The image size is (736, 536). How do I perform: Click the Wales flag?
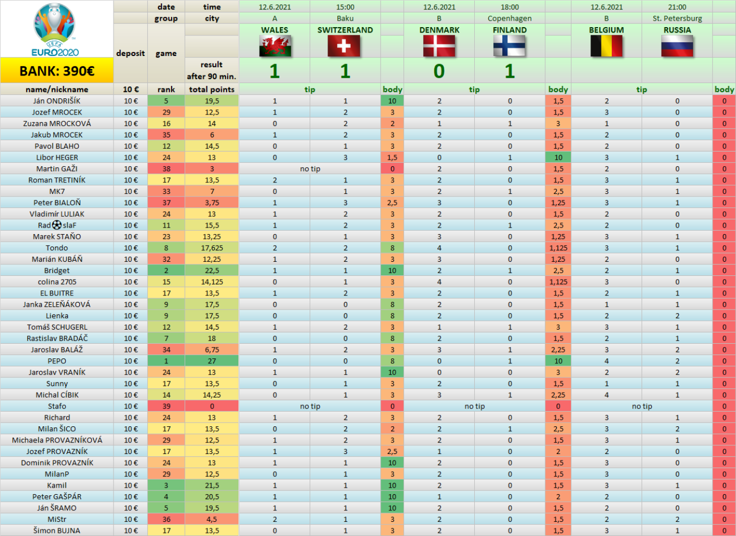click(275, 46)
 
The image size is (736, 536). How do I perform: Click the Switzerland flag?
click(344, 46)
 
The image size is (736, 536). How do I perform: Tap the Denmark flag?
click(439, 46)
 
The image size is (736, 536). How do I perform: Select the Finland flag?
click(509, 46)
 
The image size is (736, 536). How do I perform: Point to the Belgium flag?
click(606, 46)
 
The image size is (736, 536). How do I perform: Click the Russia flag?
click(677, 46)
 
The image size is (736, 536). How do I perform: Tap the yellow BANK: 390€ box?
click(57, 71)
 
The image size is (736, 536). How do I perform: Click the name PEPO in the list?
click(57, 361)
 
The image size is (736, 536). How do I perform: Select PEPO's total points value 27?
click(212, 361)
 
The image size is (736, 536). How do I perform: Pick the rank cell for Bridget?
click(166, 270)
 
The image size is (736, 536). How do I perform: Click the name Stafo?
click(57, 406)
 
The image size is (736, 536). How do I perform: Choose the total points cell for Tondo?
click(212, 248)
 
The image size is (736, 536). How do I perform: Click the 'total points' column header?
click(212, 90)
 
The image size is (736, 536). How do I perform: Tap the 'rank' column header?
click(166, 90)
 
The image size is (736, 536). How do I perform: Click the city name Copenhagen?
click(509, 18)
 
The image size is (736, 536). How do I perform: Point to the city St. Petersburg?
click(677, 18)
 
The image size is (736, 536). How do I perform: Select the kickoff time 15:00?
click(345, 7)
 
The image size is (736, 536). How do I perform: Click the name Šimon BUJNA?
click(57, 531)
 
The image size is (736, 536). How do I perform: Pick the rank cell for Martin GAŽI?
click(166, 169)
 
